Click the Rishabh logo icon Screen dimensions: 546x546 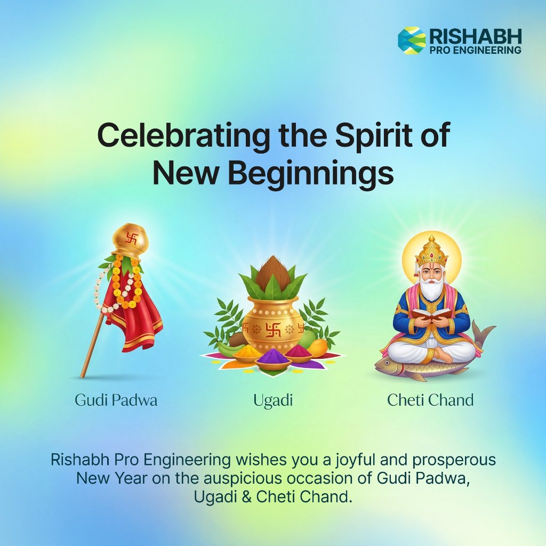[412, 41]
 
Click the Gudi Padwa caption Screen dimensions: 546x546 [116, 400]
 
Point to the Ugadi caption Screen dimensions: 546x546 [273, 400]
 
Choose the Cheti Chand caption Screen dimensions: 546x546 [430, 400]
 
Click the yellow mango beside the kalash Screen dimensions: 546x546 [317, 348]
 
